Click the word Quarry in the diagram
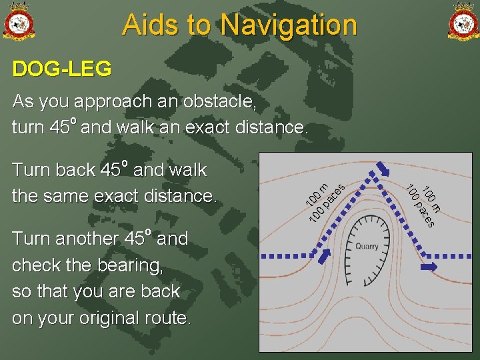(366, 247)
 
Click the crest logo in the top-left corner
(18, 21)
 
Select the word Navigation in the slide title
(289, 25)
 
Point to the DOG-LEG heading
(62, 69)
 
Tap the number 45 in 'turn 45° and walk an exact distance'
(59, 127)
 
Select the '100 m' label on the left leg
(315, 194)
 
